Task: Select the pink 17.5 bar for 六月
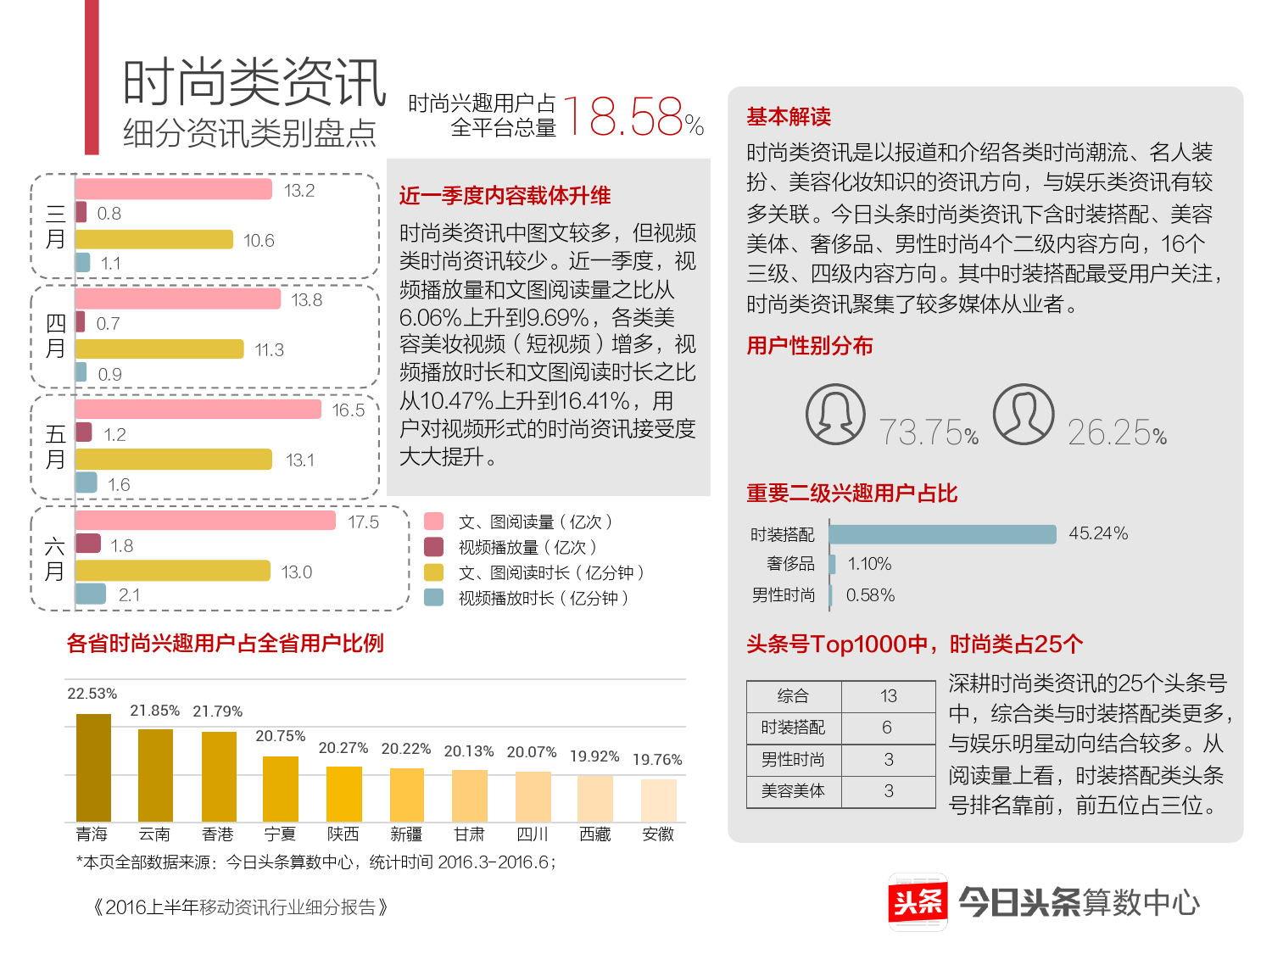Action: (205, 521)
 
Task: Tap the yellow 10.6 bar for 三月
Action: (153, 240)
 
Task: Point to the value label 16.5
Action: (348, 410)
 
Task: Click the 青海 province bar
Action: (93, 767)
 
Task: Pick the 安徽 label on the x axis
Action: (658, 834)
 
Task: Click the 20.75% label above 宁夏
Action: (281, 736)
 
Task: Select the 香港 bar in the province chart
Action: (219, 776)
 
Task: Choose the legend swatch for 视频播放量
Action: (433, 547)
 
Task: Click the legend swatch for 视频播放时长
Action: (433, 598)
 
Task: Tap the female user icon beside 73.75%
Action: (835, 415)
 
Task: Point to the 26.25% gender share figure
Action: (1117, 432)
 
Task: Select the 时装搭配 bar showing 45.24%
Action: (942, 534)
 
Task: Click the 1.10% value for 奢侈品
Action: (869, 564)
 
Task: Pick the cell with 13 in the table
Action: (888, 696)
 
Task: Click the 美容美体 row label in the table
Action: (793, 791)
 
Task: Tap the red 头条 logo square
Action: (918, 901)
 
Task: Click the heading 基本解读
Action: (789, 117)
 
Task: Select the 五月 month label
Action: (55, 447)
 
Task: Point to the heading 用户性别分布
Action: (810, 346)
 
